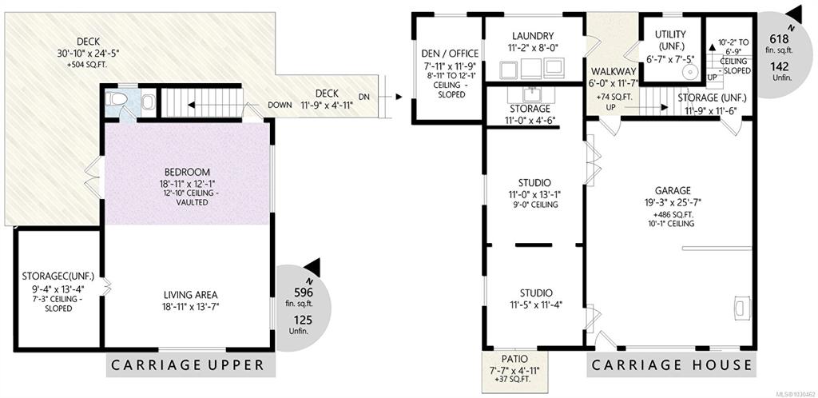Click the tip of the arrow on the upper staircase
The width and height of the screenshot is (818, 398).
(189, 105)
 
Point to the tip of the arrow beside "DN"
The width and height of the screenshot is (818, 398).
(403, 97)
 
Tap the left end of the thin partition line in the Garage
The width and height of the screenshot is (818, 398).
(682, 249)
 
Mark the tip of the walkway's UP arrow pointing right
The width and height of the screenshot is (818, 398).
(669, 107)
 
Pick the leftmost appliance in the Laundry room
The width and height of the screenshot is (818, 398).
(509, 70)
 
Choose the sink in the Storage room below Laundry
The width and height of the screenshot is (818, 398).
(531, 94)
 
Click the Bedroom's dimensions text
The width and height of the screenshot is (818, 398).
(187, 183)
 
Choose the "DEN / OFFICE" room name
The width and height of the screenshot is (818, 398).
(450, 54)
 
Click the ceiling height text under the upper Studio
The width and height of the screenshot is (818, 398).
(534, 205)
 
